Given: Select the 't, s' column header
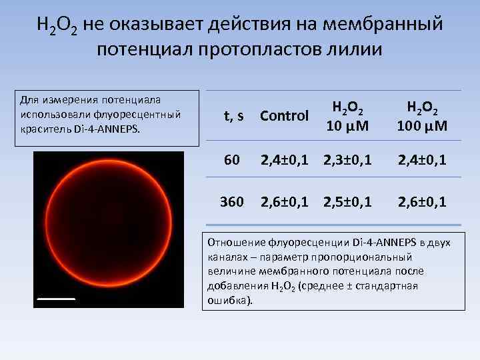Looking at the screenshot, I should pos(233,116).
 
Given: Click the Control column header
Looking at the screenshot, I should pos(284,116).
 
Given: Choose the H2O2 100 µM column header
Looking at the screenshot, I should pos(423,116).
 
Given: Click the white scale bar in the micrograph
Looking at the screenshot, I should pos(55,299).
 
